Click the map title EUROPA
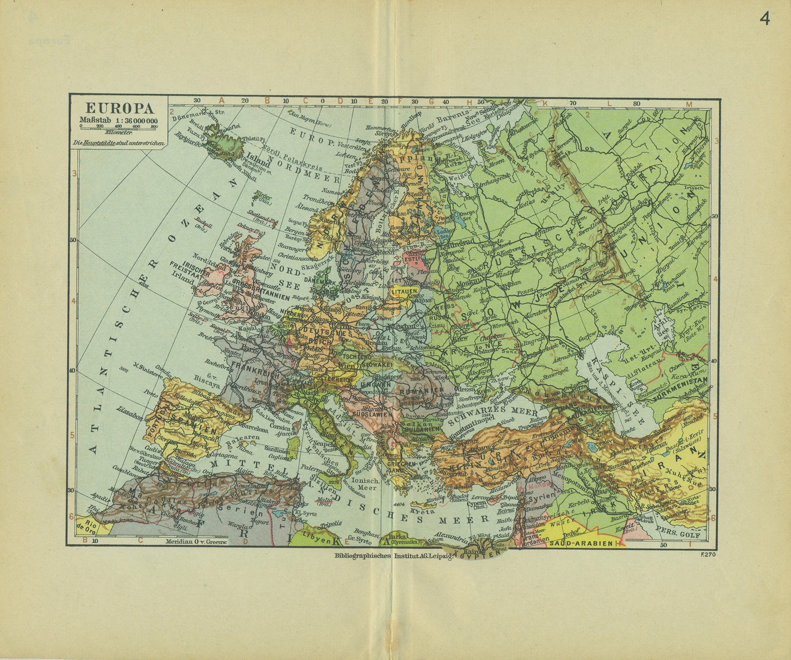pos(119,108)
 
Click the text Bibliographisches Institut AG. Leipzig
pos(394,556)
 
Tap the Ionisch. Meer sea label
pos(359,484)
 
